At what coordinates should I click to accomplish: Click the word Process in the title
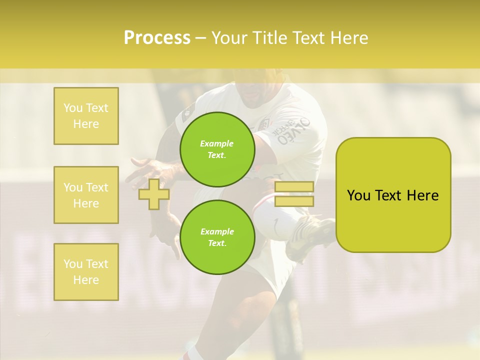pos(157,38)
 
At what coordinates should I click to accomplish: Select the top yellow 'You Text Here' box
pos(86,116)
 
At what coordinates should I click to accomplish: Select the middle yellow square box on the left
pos(86,195)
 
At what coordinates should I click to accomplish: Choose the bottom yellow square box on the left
pos(86,272)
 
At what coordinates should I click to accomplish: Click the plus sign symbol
pos(154,194)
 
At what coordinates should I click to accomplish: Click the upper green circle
pos(216,149)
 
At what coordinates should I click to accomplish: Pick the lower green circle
pos(216,237)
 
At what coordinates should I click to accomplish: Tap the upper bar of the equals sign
pos(294,187)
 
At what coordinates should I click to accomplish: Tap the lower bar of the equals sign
pos(294,201)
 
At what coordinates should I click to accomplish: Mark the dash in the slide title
pos(201,38)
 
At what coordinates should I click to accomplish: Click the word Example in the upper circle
pos(216,143)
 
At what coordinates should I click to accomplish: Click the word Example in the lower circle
pos(216,231)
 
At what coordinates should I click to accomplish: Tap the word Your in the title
pos(228,38)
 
